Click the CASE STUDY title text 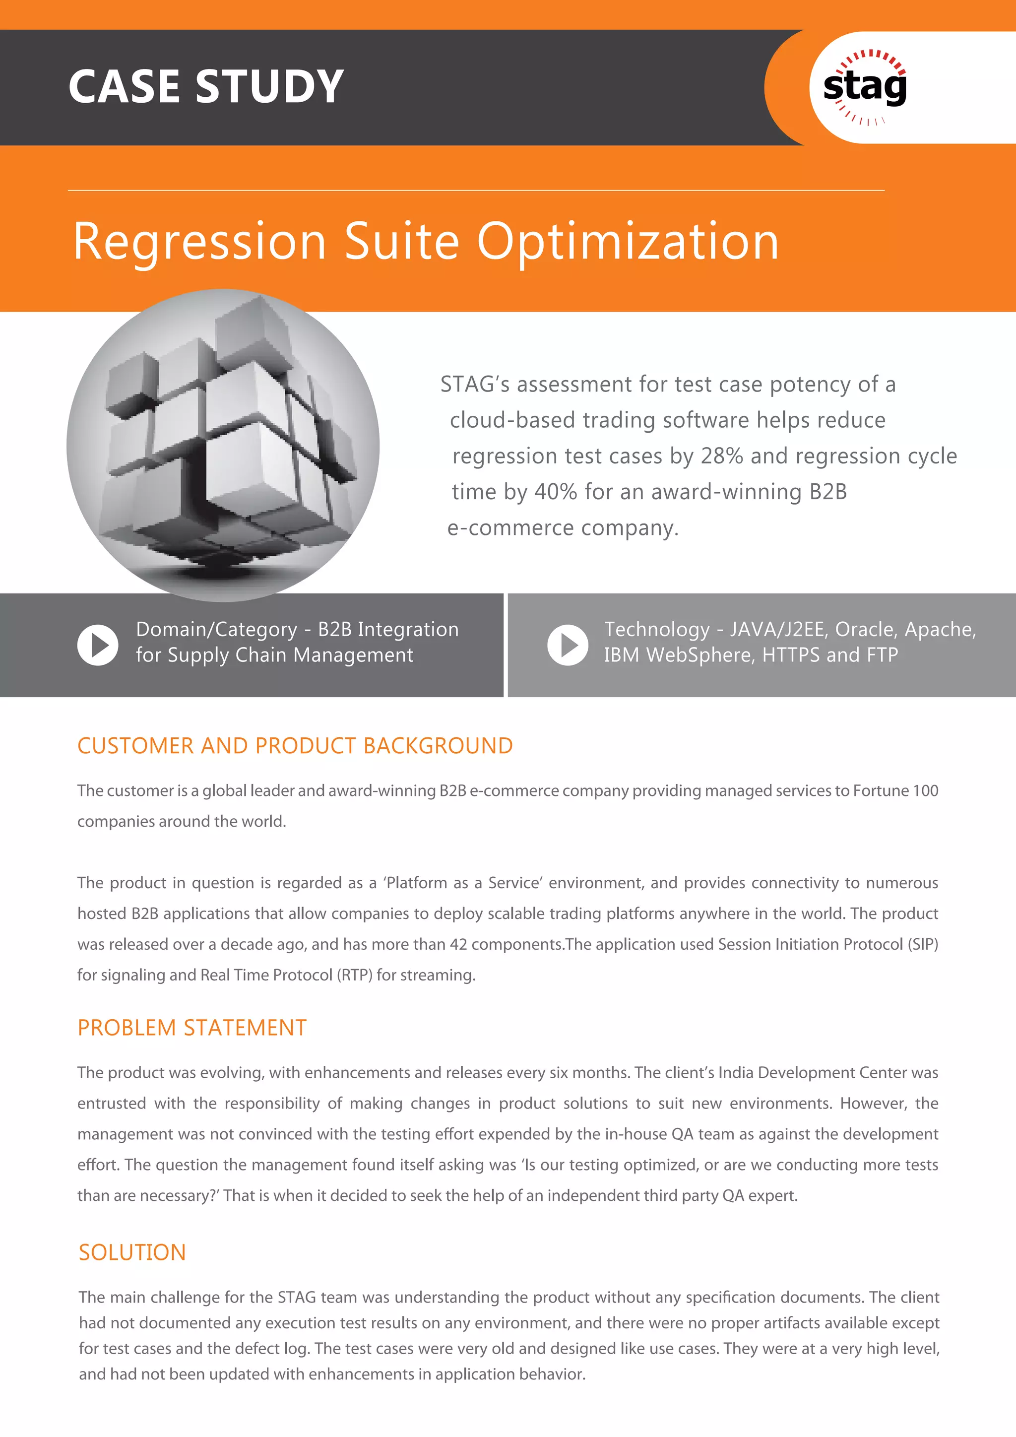coord(206,86)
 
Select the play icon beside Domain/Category coord(98,645)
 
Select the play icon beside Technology coord(568,645)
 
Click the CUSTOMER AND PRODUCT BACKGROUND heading coord(295,746)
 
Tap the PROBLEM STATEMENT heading coord(192,1028)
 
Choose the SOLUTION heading coord(132,1252)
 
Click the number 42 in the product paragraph coord(458,944)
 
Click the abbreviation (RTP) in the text coord(355,975)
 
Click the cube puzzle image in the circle coord(223,445)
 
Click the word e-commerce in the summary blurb coord(510,528)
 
